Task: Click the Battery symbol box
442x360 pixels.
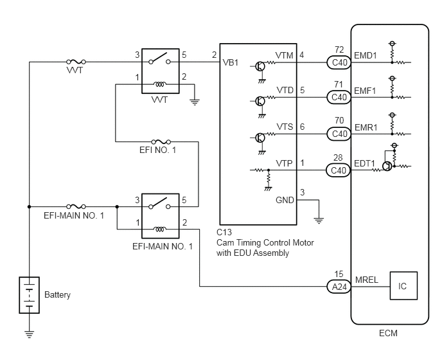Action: point(30,295)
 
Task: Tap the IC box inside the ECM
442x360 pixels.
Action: point(403,285)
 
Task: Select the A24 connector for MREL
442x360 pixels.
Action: point(339,287)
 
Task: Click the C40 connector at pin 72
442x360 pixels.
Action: point(339,62)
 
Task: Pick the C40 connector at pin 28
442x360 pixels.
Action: point(339,170)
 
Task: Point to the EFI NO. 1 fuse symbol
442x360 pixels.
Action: point(161,141)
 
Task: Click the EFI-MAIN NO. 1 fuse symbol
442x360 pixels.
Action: point(76,206)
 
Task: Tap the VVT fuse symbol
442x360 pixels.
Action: point(76,62)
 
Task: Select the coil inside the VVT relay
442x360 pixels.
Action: point(159,84)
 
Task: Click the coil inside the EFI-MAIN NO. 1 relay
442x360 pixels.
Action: point(159,229)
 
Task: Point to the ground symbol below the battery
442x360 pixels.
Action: point(30,334)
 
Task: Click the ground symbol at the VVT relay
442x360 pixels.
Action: point(195,102)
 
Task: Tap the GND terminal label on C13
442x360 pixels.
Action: point(285,200)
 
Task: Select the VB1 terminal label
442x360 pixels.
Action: point(230,62)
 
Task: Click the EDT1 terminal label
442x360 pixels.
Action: point(364,163)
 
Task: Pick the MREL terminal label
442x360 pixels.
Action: point(366,280)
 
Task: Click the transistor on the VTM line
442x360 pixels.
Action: point(260,67)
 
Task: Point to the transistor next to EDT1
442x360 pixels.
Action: point(387,166)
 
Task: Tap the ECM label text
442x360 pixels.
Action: point(388,333)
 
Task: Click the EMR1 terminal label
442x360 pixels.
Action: point(366,127)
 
